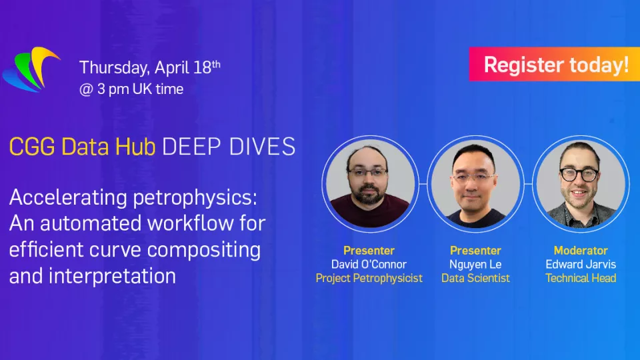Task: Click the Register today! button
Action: pyautogui.click(x=554, y=64)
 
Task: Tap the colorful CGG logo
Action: pyautogui.click(x=31, y=69)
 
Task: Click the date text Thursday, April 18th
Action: pyautogui.click(x=149, y=67)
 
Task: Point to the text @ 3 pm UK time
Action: pyautogui.click(x=131, y=89)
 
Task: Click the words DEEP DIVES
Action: pyautogui.click(x=229, y=147)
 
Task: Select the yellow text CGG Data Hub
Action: pyautogui.click(x=82, y=147)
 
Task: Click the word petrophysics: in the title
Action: pyautogui.click(x=195, y=198)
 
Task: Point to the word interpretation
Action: pyautogui.click(x=112, y=276)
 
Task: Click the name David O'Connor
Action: pyautogui.click(x=369, y=264)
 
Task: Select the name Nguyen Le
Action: pyautogui.click(x=475, y=264)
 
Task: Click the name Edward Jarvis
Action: pyautogui.click(x=581, y=264)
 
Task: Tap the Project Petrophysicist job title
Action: pyautogui.click(x=369, y=278)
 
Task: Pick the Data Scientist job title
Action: pyautogui.click(x=475, y=278)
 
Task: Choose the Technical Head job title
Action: pyautogui.click(x=581, y=278)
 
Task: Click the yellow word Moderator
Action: pyautogui.click(x=581, y=250)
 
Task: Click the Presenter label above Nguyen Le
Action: pyautogui.click(x=475, y=250)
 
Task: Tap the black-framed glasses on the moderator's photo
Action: pyautogui.click(x=579, y=174)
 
